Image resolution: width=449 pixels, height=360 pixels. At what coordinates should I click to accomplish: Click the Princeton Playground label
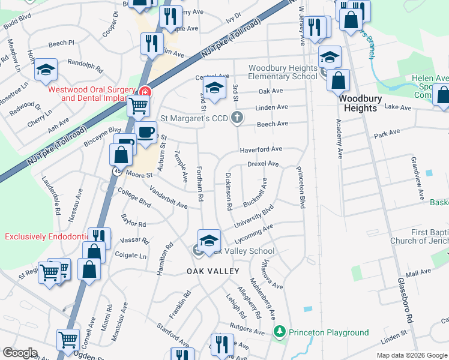[x=328, y=332]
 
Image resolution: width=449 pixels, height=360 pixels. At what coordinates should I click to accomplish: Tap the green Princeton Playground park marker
[x=279, y=332]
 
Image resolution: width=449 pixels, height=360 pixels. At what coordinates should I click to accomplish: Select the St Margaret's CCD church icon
[x=238, y=117]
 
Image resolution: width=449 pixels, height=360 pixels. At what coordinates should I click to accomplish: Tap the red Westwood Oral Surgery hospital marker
[x=144, y=92]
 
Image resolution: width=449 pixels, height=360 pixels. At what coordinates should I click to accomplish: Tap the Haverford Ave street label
[x=261, y=149]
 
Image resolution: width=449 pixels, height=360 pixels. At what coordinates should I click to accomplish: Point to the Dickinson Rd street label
[x=229, y=191]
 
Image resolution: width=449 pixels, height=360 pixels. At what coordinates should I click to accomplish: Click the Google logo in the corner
[x=20, y=353]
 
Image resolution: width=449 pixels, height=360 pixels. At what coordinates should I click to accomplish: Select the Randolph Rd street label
[x=82, y=62]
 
